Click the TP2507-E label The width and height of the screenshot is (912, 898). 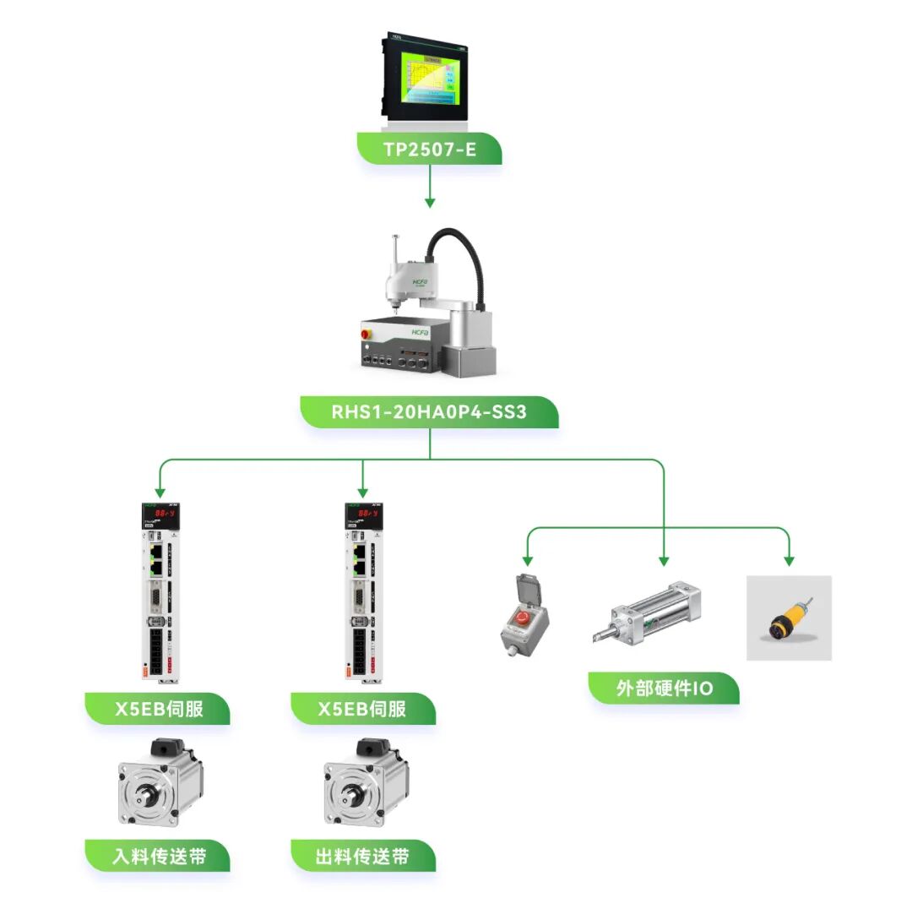tap(429, 149)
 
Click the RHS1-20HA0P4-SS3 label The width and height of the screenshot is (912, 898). tap(429, 413)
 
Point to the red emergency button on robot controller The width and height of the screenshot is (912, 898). tap(366, 335)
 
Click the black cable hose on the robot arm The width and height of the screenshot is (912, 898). tap(460, 253)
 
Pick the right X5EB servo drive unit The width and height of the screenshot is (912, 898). tap(363, 591)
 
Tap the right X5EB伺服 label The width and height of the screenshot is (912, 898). tap(362, 709)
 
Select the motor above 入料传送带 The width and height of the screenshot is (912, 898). tap(160, 782)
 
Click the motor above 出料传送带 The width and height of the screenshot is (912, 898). tap(365, 782)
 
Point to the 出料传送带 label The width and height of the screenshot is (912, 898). tap(362, 857)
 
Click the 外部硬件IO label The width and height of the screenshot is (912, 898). tap(663, 688)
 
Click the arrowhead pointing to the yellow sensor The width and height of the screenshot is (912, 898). tap(789, 560)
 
